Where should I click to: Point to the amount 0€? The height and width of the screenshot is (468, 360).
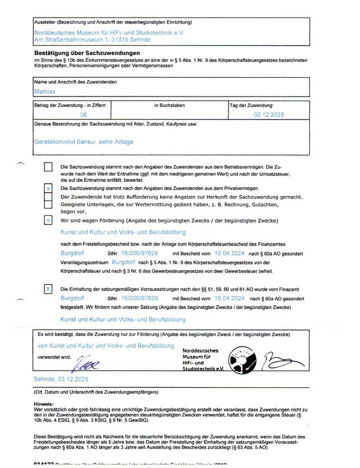84,116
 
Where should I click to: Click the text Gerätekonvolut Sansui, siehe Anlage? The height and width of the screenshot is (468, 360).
84,142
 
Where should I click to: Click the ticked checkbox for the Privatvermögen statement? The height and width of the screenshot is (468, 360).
48,189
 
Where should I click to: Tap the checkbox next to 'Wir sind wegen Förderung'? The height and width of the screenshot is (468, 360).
48,220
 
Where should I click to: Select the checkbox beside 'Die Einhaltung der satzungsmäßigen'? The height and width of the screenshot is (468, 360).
48,289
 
